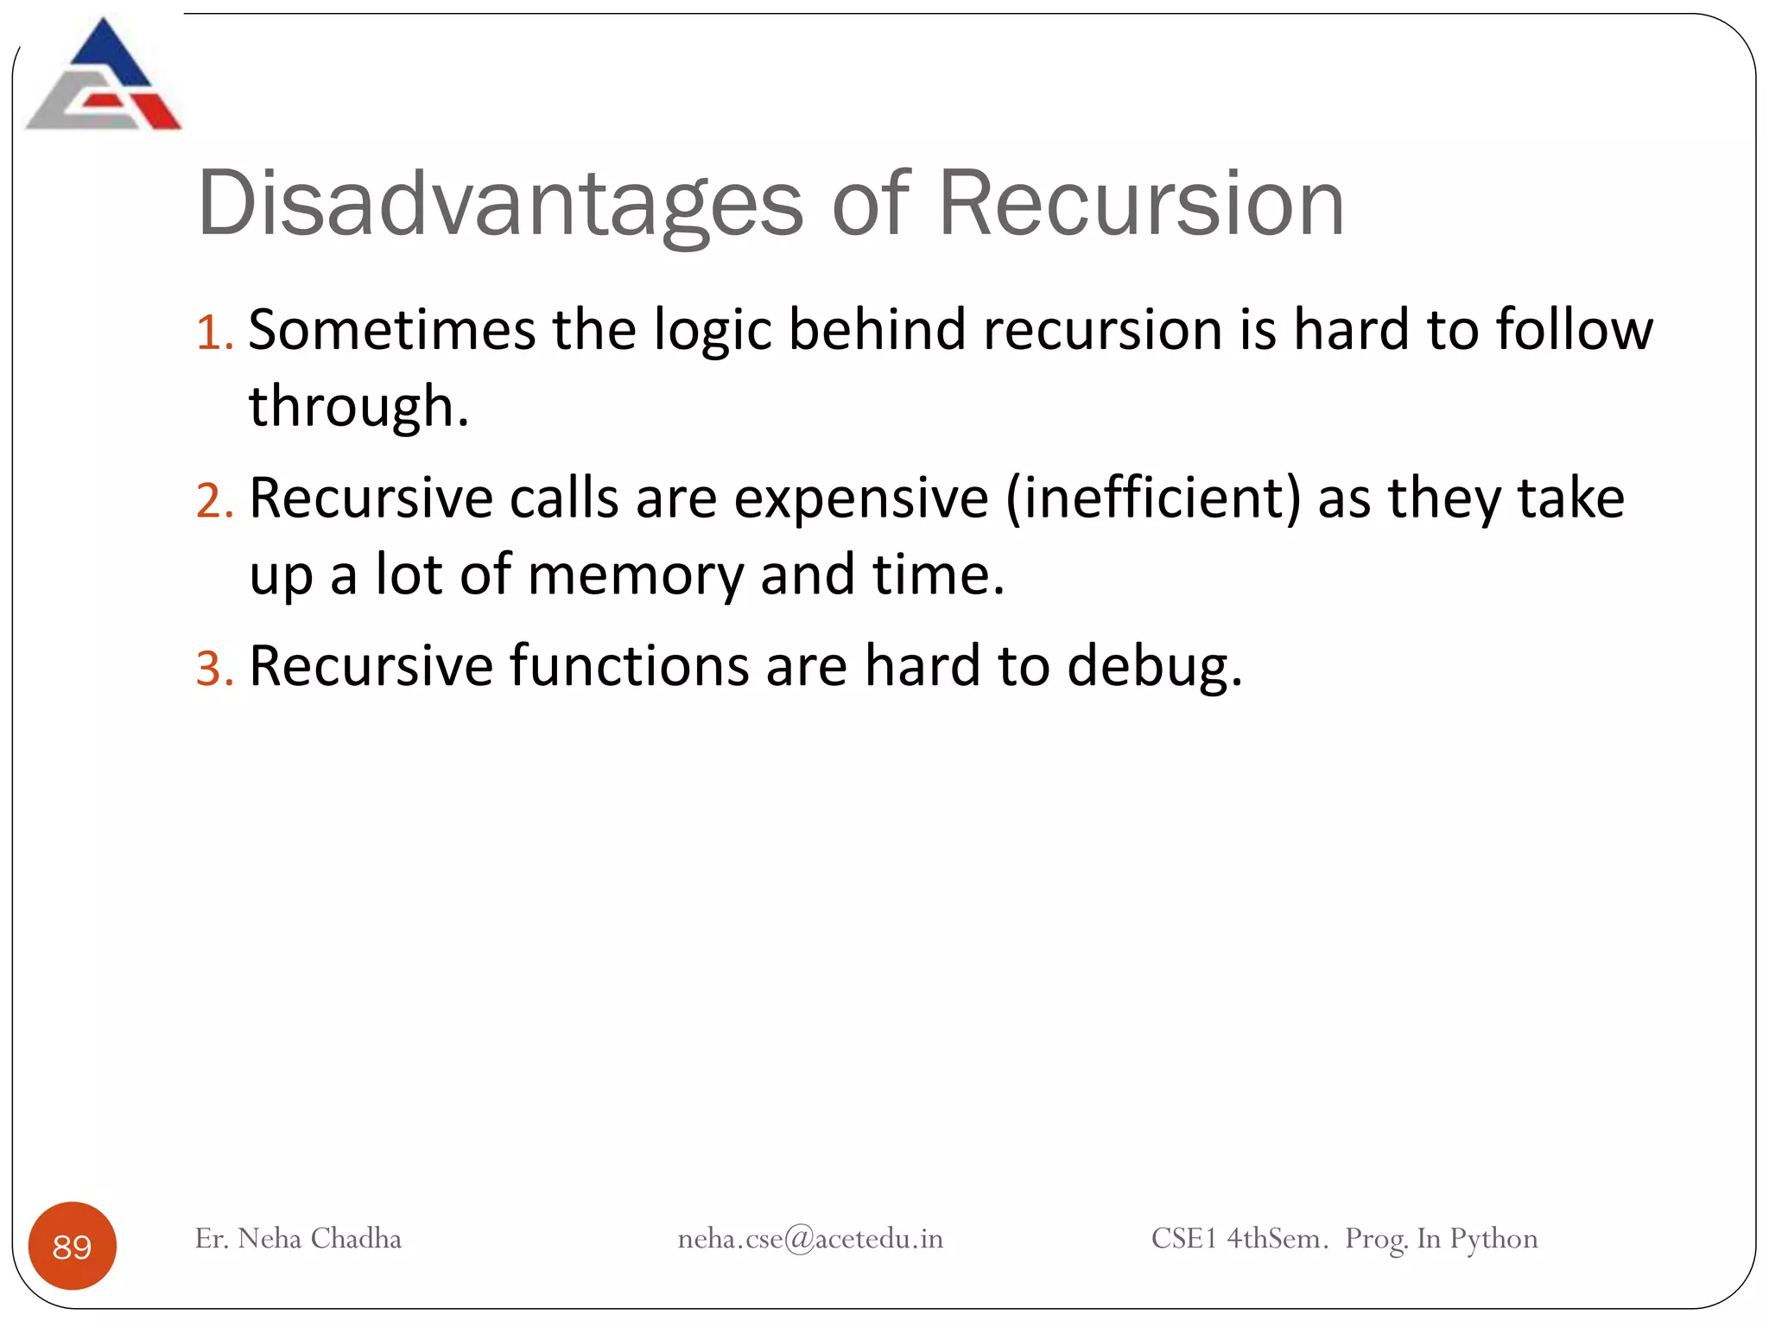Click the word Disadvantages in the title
coord(499,204)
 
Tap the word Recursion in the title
coord(1140,204)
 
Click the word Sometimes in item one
coord(392,330)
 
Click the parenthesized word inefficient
coord(1153,499)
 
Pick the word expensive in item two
coord(860,499)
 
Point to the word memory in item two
coord(635,575)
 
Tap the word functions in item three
coord(629,667)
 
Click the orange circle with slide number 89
coord(73,1246)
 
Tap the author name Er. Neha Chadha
coord(298,1239)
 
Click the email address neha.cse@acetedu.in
coord(809,1239)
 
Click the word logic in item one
coord(712,330)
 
